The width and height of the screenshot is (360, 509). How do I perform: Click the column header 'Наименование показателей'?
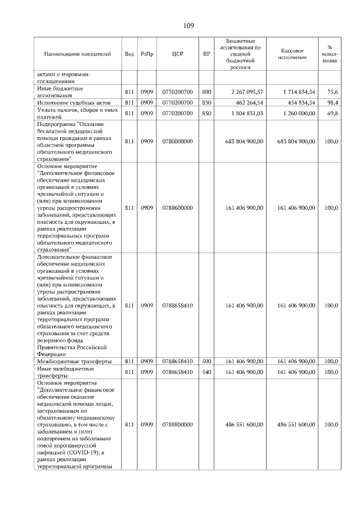coord(78,54)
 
